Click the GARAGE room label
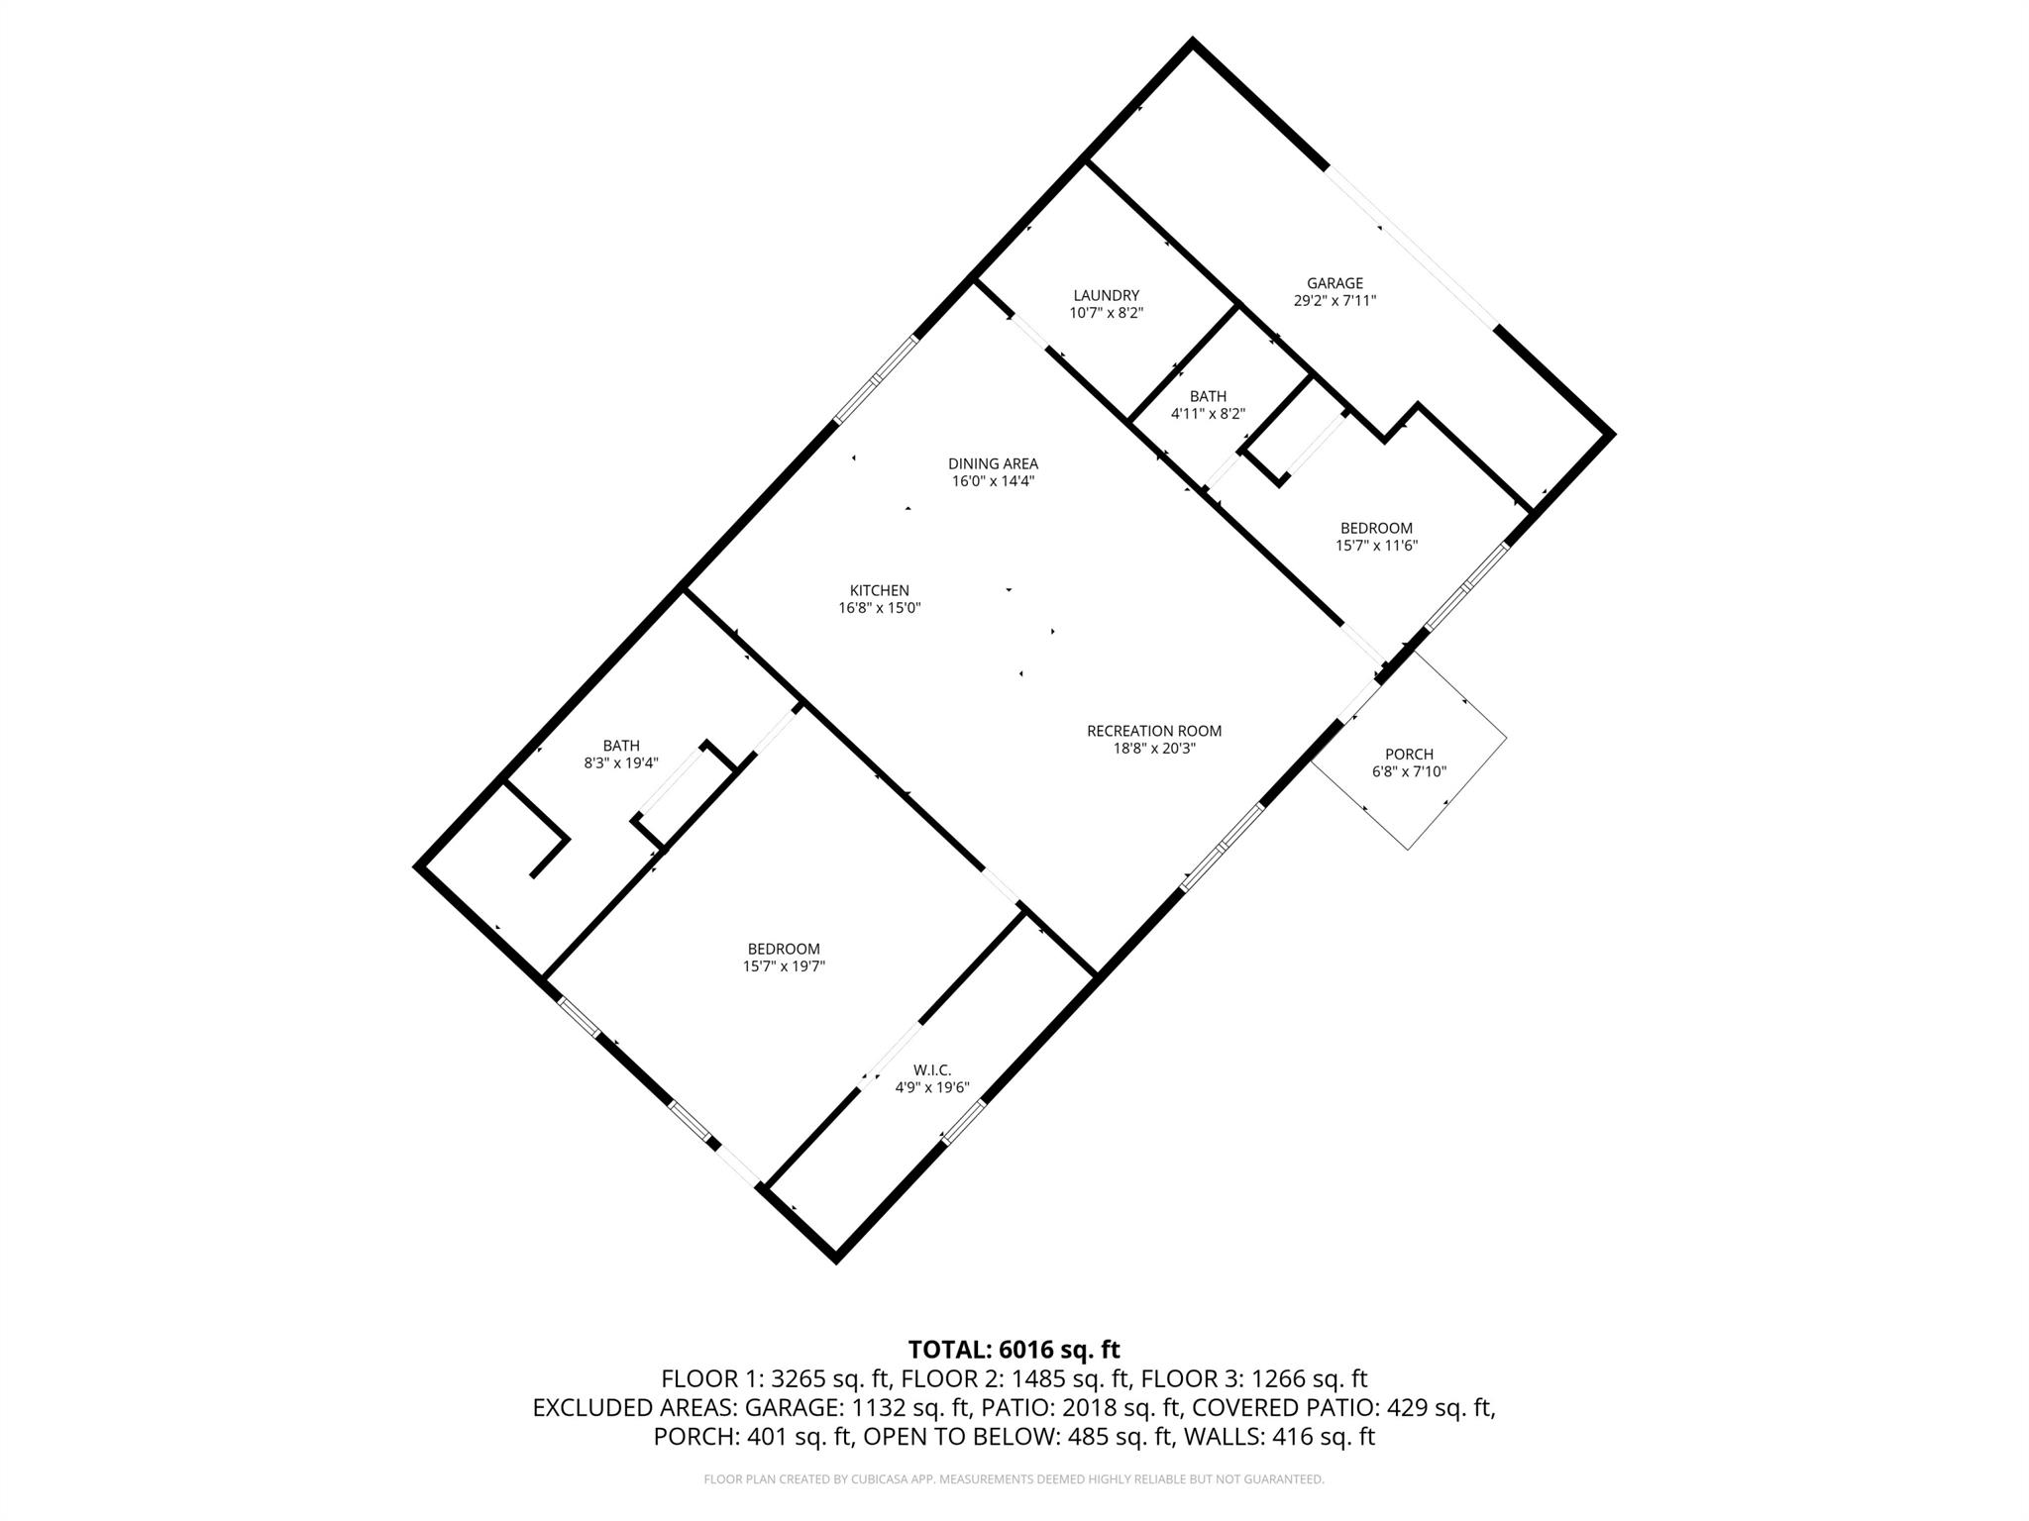(1335, 283)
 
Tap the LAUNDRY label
(1106, 295)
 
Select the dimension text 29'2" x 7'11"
(1335, 301)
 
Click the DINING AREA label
(993, 463)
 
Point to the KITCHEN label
(879, 590)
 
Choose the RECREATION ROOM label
(1154, 731)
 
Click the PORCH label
(1409, 755)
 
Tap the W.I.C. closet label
(931, 1069)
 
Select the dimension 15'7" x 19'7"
(784, 966)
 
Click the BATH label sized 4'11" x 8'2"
(1208, 396)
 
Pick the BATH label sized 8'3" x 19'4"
(621, 746)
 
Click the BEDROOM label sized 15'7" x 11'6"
(1376, 528)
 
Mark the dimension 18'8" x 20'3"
(1154, 749)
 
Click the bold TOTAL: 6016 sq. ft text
(1014, 1349)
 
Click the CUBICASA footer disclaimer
(1014, 1479)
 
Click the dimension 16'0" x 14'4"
(993, 481)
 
